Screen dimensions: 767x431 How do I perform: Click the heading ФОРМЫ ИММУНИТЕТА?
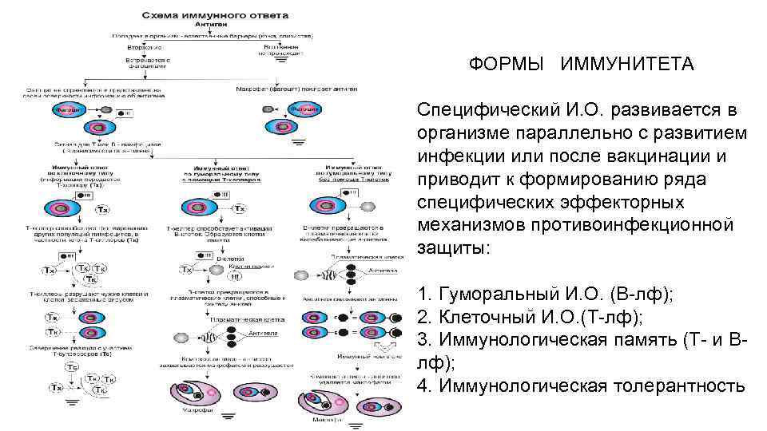click(x=582, y=64)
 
